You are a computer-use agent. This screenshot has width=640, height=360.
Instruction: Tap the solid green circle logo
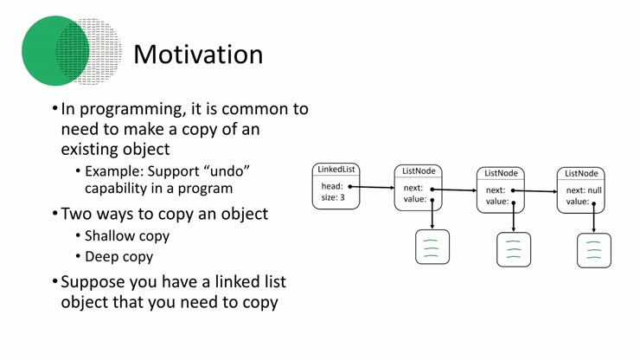(x=50, y=50)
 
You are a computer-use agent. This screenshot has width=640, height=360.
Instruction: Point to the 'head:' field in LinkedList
(x=332, y=186)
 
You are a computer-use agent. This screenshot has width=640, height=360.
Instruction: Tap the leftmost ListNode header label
(x=419, y=170)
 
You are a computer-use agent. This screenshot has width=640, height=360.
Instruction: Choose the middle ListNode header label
(x=501, y=173)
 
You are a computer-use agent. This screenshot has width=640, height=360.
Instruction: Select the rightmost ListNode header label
(x=579, y=173)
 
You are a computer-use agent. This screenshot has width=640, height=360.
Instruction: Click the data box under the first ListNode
(x=432, y=247)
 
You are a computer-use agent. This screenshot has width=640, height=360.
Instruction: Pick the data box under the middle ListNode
(x=514, y=249)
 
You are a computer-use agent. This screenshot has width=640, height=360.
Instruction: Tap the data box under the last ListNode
(x=594, y=250)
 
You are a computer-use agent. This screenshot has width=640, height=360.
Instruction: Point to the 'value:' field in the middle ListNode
(x=496, y=202)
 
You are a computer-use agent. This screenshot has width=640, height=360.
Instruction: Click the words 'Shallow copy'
(x=127, y=235)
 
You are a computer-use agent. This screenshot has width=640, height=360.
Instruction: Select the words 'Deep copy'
(x=118, y=256)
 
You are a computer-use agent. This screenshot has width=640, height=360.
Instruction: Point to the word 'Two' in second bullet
(x=78, y=214)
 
